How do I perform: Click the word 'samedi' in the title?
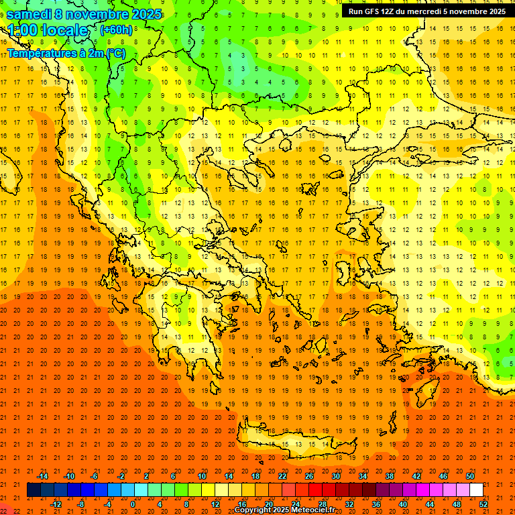(x=30, y=14)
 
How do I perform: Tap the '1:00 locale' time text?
(x=48, y=31)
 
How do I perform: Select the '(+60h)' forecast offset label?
(x=117, y=30)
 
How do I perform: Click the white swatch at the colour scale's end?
(x=476, y=490)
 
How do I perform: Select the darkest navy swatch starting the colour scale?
(x=34, y=490)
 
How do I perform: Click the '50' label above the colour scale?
(x=469, y=476)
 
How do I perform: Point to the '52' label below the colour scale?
(x=484, y=504)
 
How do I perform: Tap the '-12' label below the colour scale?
(x=56, y=504)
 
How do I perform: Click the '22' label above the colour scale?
(x=282, y=476)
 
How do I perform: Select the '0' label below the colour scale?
(x=133, y=504)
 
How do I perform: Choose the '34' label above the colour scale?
(x=362, y=476)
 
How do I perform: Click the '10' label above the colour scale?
(x=201, y=476)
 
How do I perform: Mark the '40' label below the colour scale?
(x=403, y=504)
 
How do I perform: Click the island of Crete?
(x=288, y=444)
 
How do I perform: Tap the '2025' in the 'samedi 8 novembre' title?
(x=145, y=14)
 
